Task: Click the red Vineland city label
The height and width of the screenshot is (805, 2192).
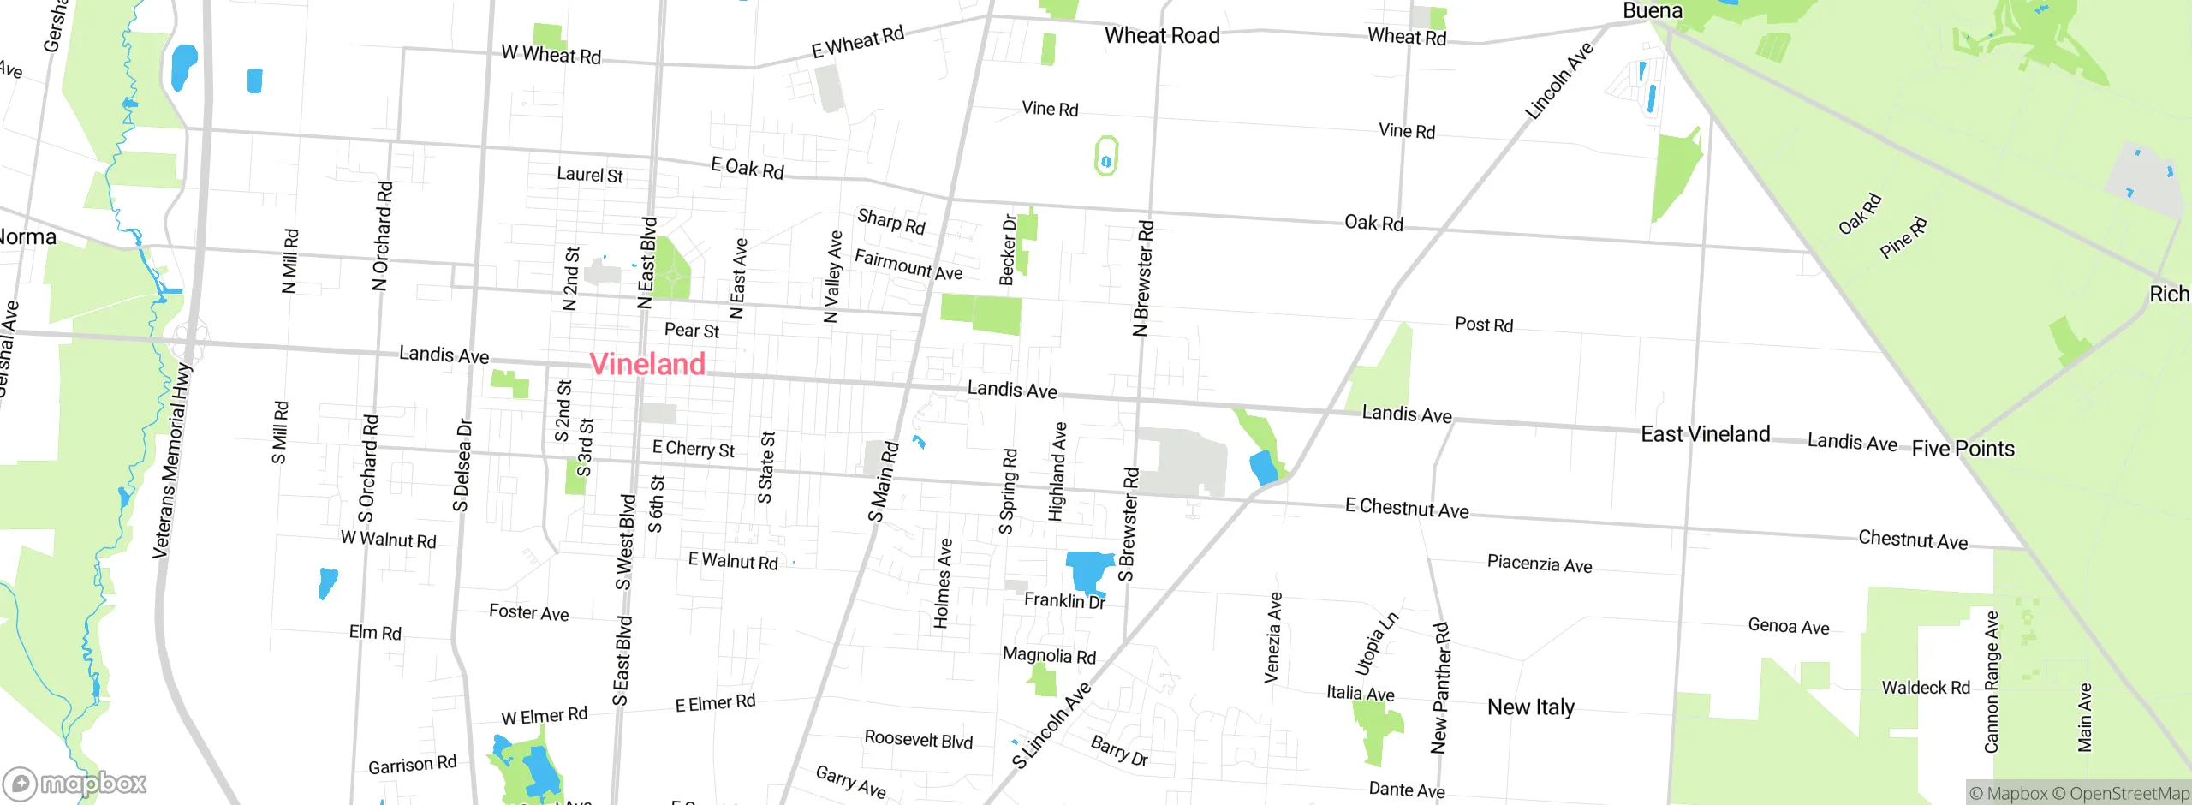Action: click(647, 364)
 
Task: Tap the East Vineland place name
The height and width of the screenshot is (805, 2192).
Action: click(1705, 434)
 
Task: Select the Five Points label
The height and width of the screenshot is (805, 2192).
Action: click(1963, 449)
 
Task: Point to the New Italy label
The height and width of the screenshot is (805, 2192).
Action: click(1530, 707)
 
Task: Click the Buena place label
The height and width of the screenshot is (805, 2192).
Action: click(1653, 11)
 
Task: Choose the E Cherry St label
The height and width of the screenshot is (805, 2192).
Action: click(693, 449)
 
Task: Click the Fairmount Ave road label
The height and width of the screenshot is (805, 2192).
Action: click(908, 265)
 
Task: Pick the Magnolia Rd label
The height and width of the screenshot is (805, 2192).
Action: click(1049, 656)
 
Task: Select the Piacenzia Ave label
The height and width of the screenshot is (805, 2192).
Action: click(1539, 563)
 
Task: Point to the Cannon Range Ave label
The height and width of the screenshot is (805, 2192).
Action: click(1992, 682)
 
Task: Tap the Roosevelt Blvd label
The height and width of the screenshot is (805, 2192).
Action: click(918, 739)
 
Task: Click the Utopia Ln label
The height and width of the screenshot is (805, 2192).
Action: click(1376, 644)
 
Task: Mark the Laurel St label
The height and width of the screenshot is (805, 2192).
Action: click(589, 175)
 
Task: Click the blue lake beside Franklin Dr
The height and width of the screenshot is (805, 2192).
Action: click(1088, 570)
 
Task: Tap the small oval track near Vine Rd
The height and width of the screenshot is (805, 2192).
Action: click(1105, 157)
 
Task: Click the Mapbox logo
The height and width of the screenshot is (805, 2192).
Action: click(75, 784)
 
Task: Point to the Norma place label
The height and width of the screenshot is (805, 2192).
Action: click(27, 237)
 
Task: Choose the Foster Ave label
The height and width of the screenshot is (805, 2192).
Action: click(528, 612)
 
